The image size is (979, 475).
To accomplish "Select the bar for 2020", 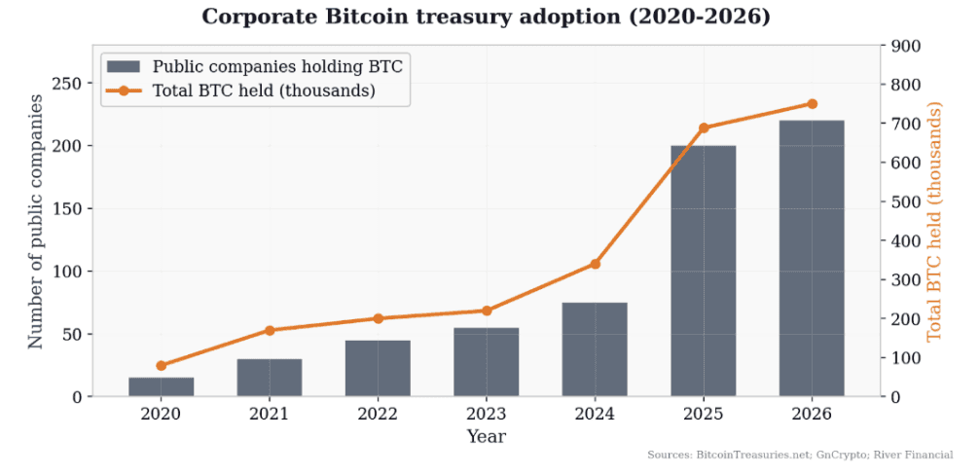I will [x=161, y=386].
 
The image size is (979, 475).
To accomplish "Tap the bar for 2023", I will [x=486, y=362].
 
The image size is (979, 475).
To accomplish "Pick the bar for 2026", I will [x=812, y=258].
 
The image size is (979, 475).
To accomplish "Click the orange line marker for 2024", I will [x=595, y=264].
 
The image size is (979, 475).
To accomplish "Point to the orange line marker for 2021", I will [x=270, y=330].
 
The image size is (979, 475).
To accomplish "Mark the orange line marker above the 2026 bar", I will [x=812, y=104].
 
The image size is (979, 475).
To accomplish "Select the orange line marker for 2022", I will [x=378, y=318].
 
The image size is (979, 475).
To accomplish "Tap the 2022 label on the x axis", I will [x=378, y=414].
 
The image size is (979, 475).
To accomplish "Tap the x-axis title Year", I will [x=486, y=437].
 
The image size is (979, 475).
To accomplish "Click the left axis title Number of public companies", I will [x=35, y=221].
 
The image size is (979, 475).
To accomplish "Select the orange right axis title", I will [x=935, y=221].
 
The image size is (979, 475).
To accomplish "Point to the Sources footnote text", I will [x=800, y=455].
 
